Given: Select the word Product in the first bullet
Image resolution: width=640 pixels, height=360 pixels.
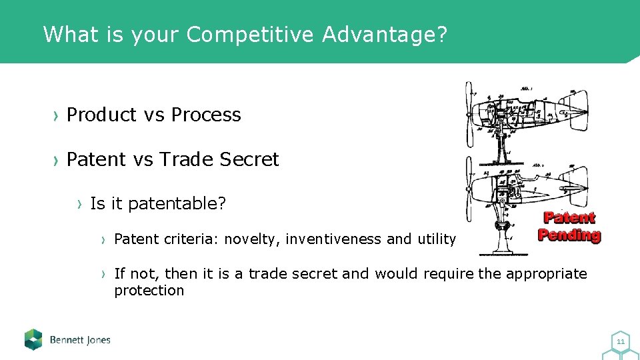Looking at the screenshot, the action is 101,115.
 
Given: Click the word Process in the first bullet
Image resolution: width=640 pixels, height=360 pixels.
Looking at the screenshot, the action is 206,115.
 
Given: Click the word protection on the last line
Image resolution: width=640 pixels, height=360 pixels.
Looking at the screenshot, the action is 149,291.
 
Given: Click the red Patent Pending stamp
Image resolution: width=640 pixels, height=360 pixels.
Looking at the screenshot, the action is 569,226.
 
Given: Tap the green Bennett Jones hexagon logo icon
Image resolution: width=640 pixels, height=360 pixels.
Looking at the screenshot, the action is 33,339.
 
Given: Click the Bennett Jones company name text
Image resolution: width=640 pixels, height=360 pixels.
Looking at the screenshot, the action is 80,340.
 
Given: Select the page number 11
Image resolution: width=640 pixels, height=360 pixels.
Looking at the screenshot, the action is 621,342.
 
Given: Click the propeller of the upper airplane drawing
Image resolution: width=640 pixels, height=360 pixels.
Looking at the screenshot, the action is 469,113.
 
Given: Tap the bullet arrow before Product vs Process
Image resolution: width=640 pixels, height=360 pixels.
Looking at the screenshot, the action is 56,115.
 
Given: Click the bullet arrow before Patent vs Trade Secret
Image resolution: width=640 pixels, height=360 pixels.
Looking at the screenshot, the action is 56,161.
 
